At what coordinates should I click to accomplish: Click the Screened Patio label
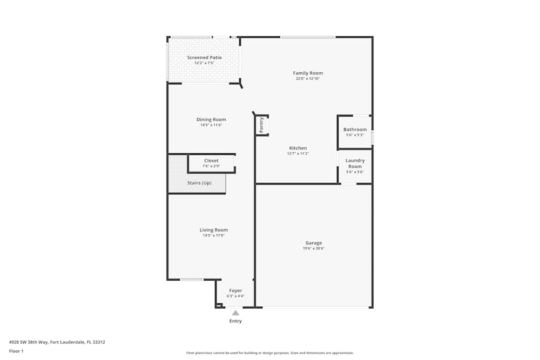tap(204, 57)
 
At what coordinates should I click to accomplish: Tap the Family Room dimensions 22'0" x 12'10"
tap(308, 79)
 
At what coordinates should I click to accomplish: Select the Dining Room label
tap(211, 119)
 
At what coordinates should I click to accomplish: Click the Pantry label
tap(261, 125)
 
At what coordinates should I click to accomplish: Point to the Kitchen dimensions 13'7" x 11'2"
tap(298, 154)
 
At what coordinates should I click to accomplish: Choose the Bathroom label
tap(355, 130)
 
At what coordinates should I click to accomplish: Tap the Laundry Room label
tap(355, 163)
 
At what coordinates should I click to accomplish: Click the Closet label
tap(211, 160)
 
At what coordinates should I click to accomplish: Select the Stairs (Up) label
tap(199, 183)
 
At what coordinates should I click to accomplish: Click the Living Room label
tap(214, 230)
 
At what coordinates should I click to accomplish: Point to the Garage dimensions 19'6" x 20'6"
tap(313, 249)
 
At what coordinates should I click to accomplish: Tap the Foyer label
tap(235, 290)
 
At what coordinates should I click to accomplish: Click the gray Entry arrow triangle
tap(235, 313)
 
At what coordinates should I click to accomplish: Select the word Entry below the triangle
tap(235, 321)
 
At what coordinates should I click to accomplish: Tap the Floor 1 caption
tap(16, 351)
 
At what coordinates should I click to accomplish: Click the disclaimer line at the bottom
tap(270, 352)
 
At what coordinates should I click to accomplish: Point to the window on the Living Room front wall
tap(192, 280)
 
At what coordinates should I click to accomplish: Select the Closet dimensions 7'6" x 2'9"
tap(211, 166)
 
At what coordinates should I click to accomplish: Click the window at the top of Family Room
tap(307, 37)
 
